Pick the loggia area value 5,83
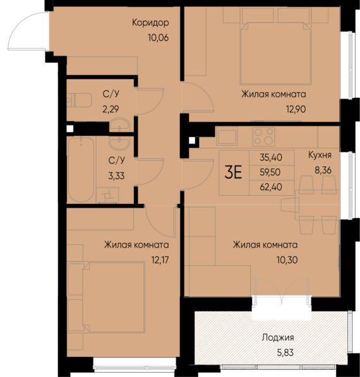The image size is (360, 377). coord(277,352)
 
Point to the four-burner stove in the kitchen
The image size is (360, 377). coord(263,136)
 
